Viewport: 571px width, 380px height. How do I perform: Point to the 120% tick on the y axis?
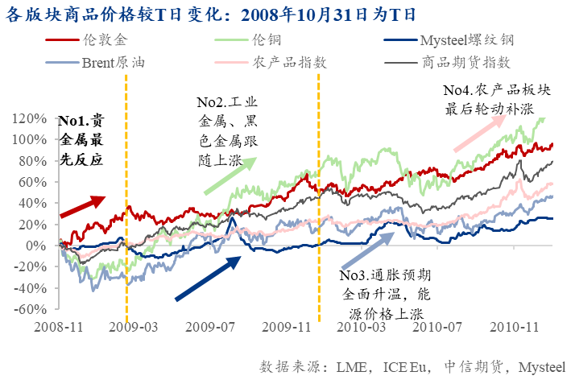[36, 118]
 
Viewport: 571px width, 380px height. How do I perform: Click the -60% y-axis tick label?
[35, 308]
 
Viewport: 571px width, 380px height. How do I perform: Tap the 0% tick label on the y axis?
[42, 245]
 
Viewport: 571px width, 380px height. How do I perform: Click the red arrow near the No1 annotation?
[83, 206]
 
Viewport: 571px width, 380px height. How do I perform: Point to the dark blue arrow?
[208, 277]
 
